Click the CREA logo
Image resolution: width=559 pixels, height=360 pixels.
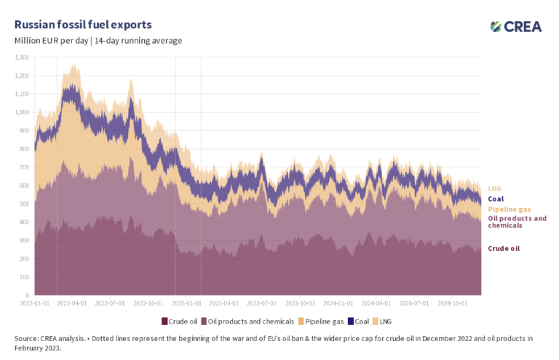click(x=516, y=26)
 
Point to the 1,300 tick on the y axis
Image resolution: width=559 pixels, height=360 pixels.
click(x=22, y=57)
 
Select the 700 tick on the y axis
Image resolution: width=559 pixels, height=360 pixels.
click(x=24, y=167)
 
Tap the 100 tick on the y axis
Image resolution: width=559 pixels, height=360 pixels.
click(x=24, y=277)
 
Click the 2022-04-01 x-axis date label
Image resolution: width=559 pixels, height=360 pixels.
click(x=72, y=301)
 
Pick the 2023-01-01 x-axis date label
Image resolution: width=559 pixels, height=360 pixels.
click(x=187, y=301)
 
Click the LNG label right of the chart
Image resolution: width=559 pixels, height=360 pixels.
click(x=493, y=189)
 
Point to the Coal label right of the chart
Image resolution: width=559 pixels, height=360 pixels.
click(x=496, y=199)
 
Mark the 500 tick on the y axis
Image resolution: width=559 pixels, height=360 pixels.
click(x=24, y=204)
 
